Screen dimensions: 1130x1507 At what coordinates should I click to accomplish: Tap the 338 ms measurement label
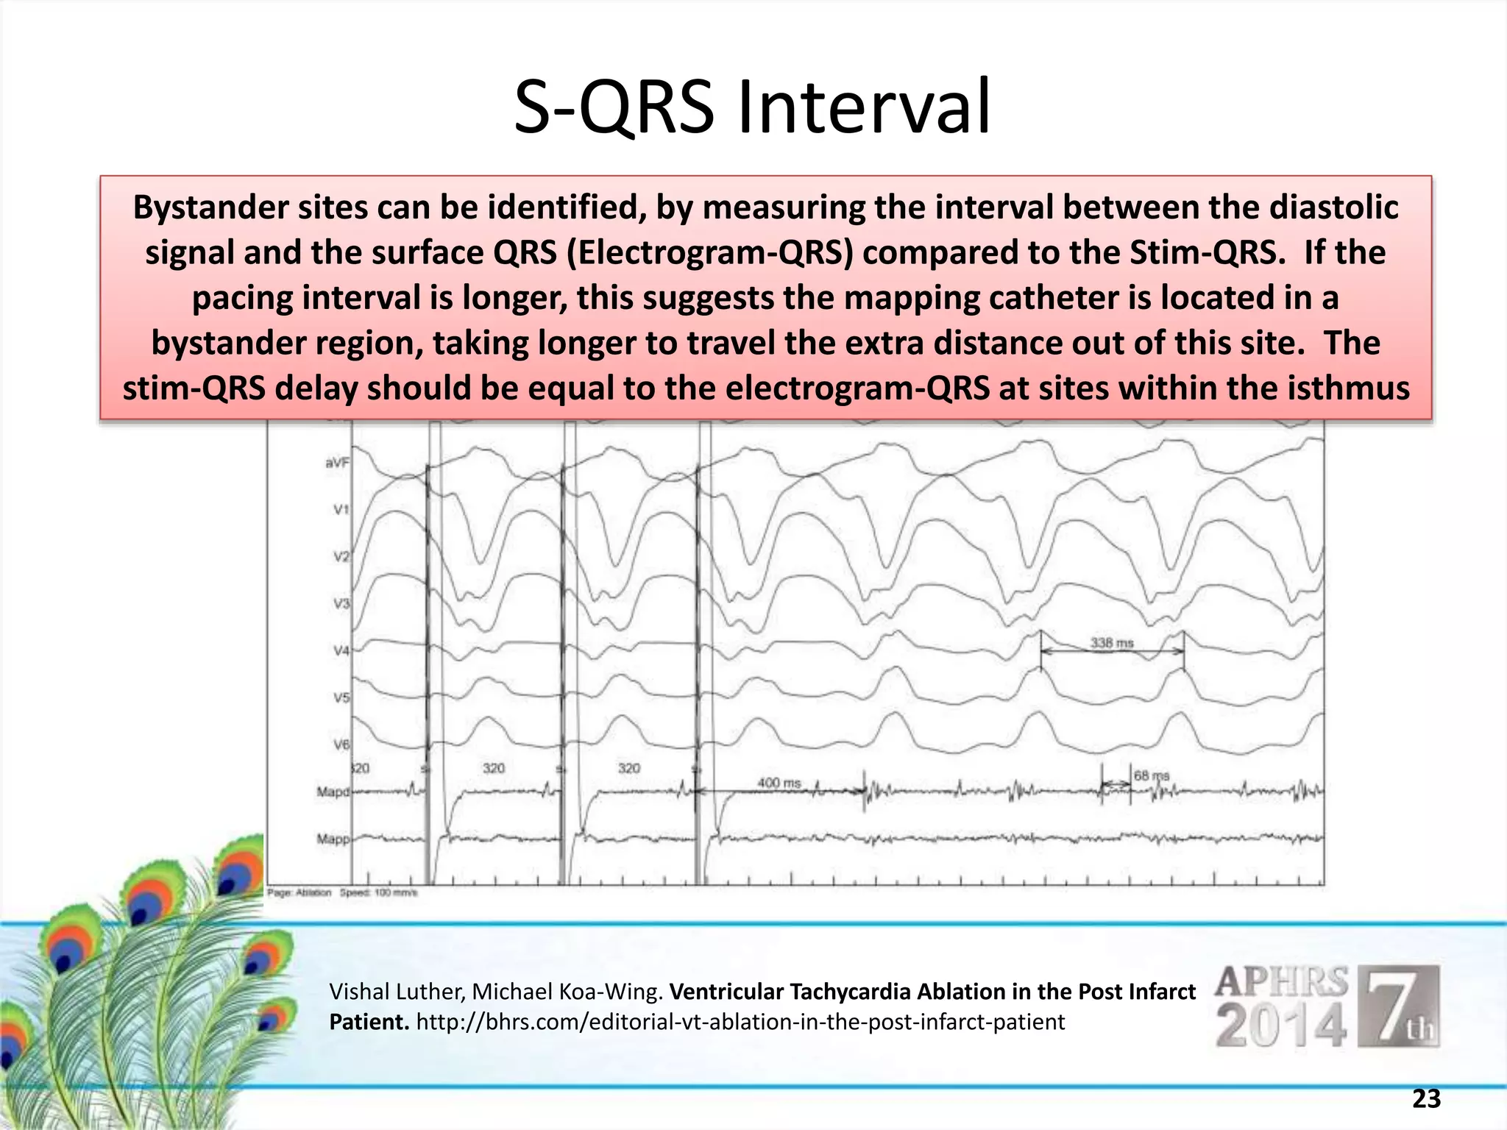[x=1111, y=643]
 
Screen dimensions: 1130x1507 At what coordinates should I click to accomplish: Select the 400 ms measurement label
[x=779, y=783]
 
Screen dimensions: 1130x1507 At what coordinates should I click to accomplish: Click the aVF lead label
[x=337, y=463]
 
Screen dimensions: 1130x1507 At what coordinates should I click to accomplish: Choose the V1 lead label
[x=341, y=509]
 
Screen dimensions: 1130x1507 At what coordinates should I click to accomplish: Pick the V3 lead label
[x=341, y=603]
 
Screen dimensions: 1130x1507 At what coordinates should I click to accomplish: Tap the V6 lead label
[x=341, y=745]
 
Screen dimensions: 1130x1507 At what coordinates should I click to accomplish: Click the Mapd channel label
[x=333, y=792]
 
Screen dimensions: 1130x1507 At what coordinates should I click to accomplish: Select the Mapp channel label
[x=333, y=839]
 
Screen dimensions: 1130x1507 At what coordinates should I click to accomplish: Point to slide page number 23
[x=1426, y=1099]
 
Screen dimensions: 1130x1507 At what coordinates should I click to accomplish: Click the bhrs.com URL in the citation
[x=740, y=1022]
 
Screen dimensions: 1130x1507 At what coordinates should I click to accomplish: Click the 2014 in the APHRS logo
[x=1280, y=1024]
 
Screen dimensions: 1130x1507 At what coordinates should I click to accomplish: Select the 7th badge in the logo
[x=1398, y=1006]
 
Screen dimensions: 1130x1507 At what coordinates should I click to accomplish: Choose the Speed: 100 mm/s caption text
[x=378, y=892]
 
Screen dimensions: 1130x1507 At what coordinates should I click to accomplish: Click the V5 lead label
[x=341, y=697]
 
